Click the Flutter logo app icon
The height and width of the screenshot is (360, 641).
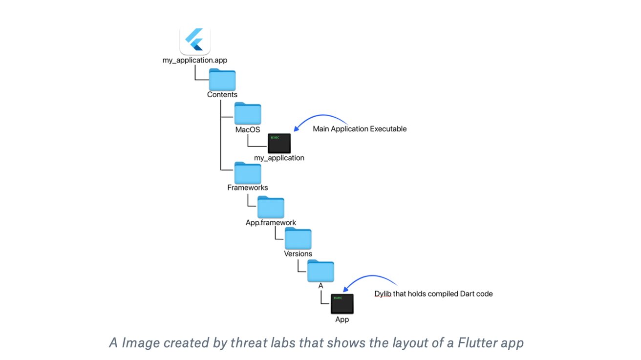coord(195,40)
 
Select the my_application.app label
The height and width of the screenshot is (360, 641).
coord(195,60)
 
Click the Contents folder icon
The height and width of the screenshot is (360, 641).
coord(222,79)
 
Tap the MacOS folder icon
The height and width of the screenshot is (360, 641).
coord(248,113)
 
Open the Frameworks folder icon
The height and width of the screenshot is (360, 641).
coord(248,173)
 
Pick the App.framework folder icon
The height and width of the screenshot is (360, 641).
coord(271,207)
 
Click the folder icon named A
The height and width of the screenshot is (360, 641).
coord(320,271)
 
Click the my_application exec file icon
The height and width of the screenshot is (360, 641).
coord(279,143)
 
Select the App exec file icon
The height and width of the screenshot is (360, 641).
coord(342,304)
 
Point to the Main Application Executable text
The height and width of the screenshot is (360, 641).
coord(360,129)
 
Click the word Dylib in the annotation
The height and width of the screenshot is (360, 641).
coord(383,294)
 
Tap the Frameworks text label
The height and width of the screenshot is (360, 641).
coord(248,188)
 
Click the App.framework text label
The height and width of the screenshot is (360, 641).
coord(271,223)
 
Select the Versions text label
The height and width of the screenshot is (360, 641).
coord(298,254)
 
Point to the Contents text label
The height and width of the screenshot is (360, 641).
coord(222,95)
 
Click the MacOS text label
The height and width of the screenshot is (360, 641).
coord(248,129)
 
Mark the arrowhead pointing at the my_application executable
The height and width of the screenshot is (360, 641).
coord(297,128)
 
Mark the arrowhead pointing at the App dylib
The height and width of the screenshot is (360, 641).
coord(346,289)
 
